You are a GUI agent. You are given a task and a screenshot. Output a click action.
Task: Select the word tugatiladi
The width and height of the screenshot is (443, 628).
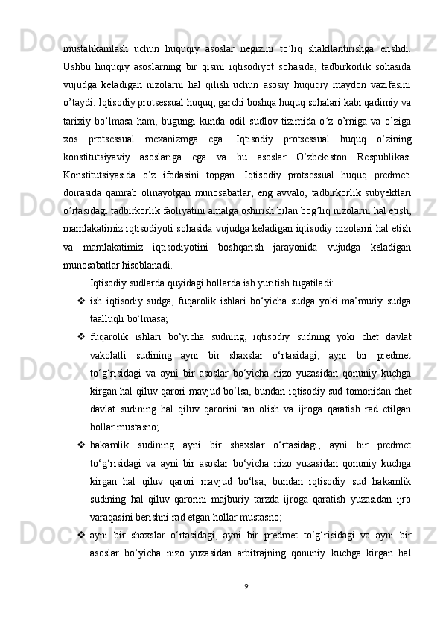click(314, 283)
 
